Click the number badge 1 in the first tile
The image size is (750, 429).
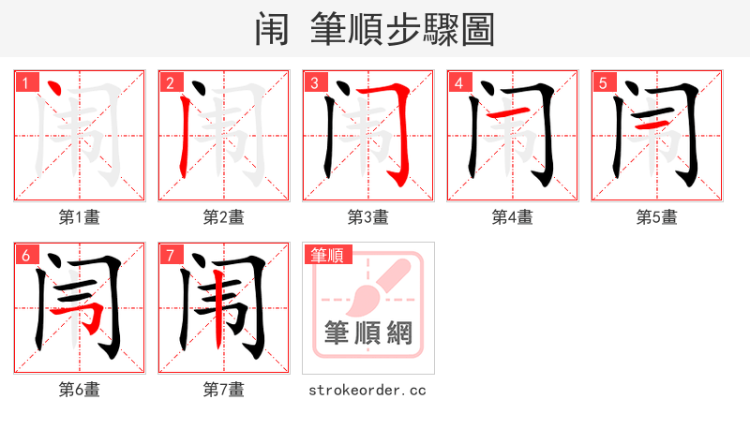[x=24, y=83]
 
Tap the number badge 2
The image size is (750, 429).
[x=169, y=83]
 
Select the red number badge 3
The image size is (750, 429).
[x=313, y=83]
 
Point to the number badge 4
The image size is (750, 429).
[x=457, y=83]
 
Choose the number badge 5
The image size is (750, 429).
[x=602, y=83]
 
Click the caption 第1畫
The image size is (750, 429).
[x=79, y=217]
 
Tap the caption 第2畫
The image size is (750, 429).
[x=223, y=217]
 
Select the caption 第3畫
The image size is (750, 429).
[x=367, y=217]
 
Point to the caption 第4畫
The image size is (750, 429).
[x=512, y=217]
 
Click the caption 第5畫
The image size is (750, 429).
[x=656, y=217]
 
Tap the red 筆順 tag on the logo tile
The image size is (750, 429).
[x=326, y=255]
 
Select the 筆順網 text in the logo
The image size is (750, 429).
[x=367, y=333]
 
